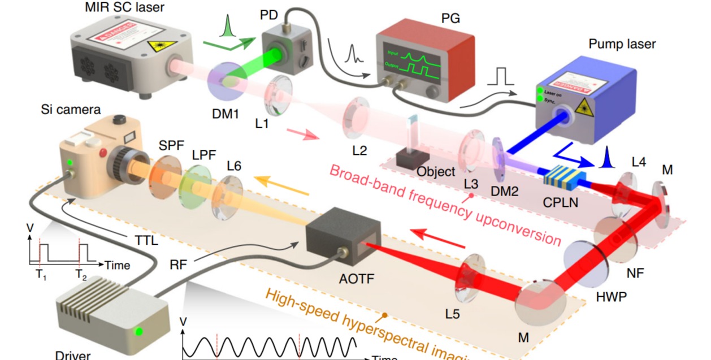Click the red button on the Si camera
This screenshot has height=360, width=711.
pyautogui.click(x=102, y=153)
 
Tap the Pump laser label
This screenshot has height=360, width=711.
pyautogui.click(x=622, y=44)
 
